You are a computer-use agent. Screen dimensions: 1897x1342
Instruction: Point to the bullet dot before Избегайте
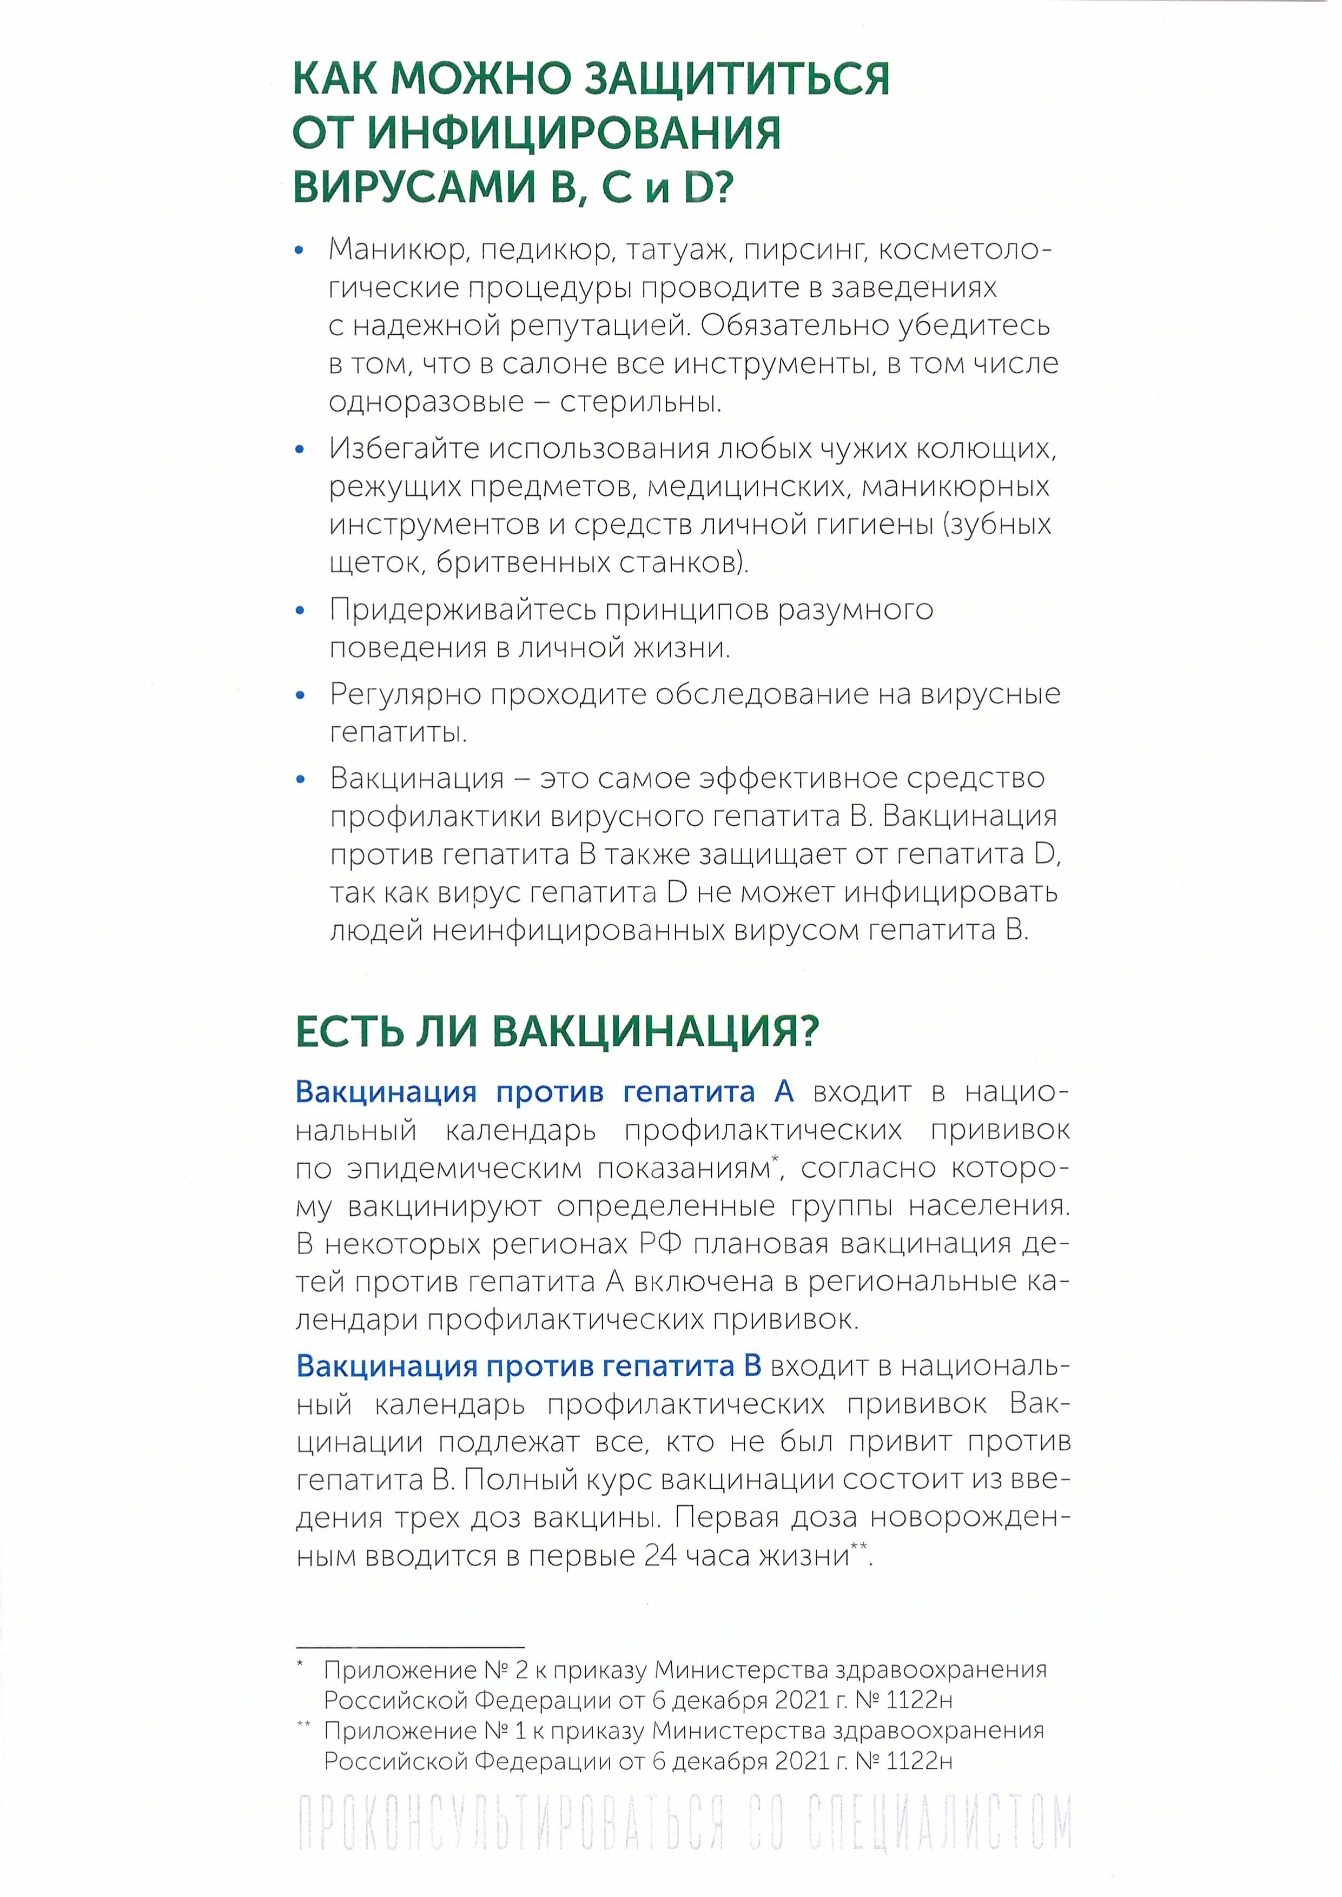300,450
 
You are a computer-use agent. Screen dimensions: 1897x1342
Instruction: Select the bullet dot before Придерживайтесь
300,612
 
